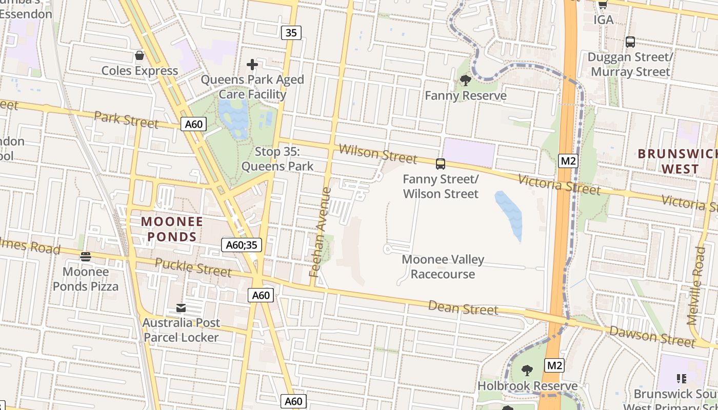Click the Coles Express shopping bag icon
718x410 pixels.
(139, 55)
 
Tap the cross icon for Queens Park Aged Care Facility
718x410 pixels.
(252, 65)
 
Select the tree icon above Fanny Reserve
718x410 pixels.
(466, 80)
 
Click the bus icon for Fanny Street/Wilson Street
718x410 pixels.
(441, 164)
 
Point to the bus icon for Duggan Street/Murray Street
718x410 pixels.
(630, 42)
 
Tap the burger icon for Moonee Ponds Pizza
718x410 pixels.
(86, 257)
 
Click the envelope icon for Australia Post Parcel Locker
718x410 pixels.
(181, 308)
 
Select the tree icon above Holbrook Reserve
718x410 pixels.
(527, 371)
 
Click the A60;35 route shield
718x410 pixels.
(242, 245)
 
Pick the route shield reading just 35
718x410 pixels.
(291, 33)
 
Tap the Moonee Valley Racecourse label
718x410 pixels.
(443, 267)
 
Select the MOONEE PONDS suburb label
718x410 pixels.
(172, 229)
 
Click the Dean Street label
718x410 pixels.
(463, 308)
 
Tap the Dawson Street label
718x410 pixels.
(652, 336)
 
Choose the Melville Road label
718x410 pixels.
(697, 285)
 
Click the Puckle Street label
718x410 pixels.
(193, 268)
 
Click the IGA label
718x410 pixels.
(603, 19)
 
